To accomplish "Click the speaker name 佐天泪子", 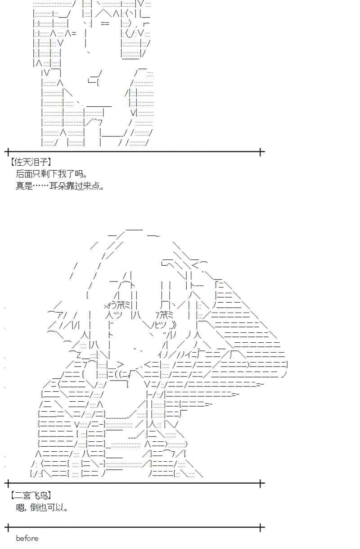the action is click(31, 162).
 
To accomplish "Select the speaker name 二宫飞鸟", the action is click(31, 495).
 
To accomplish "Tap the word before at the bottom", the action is click(27, 538).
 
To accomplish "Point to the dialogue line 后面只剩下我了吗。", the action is click(52, 174).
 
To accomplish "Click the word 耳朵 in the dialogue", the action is click(58, 186).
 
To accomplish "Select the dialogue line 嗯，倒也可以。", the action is click(42, 507).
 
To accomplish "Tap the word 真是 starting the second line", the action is click(24, 186).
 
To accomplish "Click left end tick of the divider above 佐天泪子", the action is click(9, 152).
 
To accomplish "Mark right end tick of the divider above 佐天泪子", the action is click(261, 152).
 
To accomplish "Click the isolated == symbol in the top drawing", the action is click(105, 24).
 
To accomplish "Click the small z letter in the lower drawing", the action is click(78, 355).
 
